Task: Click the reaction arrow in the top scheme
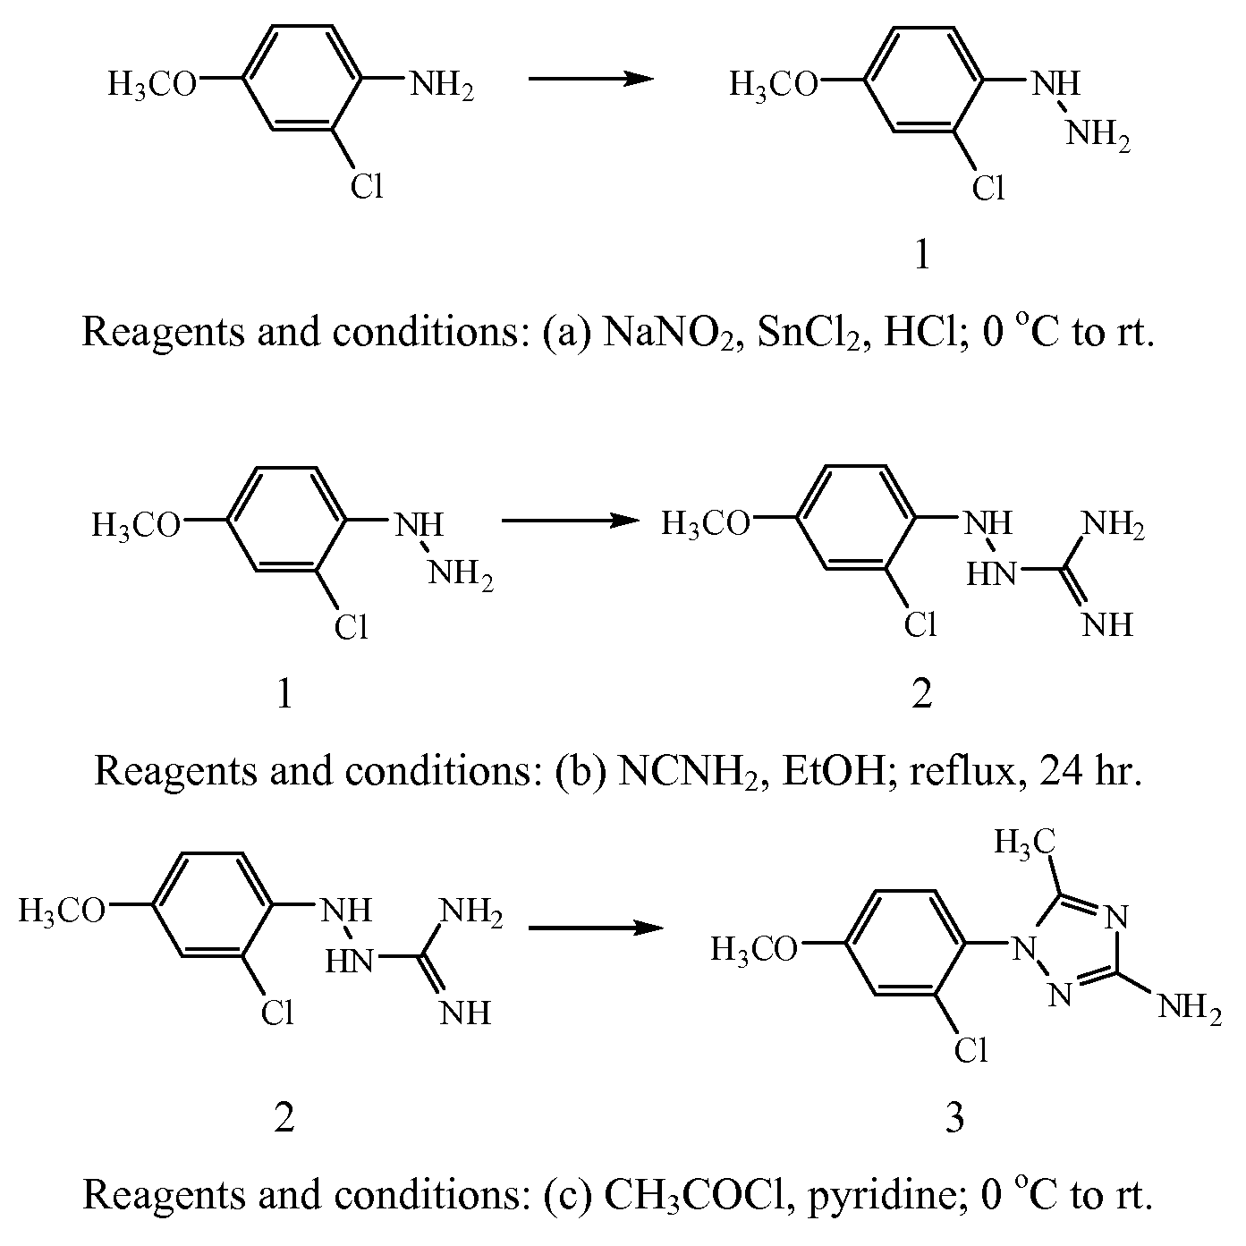coord(591,79)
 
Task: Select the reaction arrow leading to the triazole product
coord(597,928)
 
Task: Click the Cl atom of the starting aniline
coord(367,186)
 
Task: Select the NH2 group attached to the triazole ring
coord(1190,1007)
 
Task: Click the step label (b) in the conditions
coord(581,772)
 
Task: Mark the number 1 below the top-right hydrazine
coord(923,254)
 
